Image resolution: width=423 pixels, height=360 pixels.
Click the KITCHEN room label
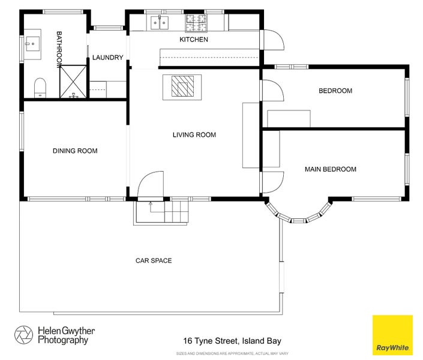tap(194, 40)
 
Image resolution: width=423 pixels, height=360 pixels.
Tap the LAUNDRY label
tap(107, 58)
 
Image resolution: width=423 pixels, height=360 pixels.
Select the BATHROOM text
tap(59, 50)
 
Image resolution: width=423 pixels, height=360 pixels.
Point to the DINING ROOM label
tap(75, 151)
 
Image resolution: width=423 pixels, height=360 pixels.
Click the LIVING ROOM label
tap(194, 134)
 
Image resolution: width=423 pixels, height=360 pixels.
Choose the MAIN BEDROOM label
tap(331, 169)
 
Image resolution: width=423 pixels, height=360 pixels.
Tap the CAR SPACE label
tap(154, 260)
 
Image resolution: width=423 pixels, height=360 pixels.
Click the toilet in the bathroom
tap(40, 88)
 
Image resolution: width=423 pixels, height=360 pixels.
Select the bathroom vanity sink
tap(32, 44)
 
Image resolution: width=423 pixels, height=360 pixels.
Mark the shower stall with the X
tap(73, 82)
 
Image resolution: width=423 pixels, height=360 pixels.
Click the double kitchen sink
tap(160, 23)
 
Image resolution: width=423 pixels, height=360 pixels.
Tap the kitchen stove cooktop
tap(196, 23)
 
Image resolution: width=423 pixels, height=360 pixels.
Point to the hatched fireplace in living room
tap(182, 86)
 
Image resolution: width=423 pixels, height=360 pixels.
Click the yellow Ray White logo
tap(392, 335)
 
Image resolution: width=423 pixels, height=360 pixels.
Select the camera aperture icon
tap(24, 335)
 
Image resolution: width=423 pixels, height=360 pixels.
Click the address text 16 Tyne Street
tap(211, 341)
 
